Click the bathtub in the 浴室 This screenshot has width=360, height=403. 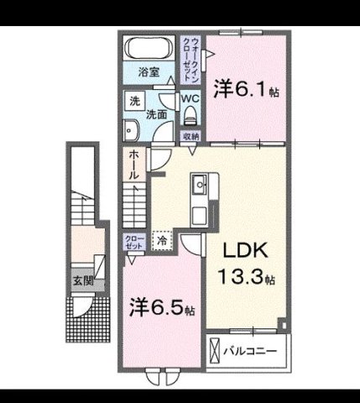point(149,46)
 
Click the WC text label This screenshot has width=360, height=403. point(190,97)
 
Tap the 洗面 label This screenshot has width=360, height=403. point(155,114)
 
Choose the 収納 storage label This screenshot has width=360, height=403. point(190,135)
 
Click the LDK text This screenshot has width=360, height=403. point(246,251)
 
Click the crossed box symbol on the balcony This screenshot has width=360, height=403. point(215,348)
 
